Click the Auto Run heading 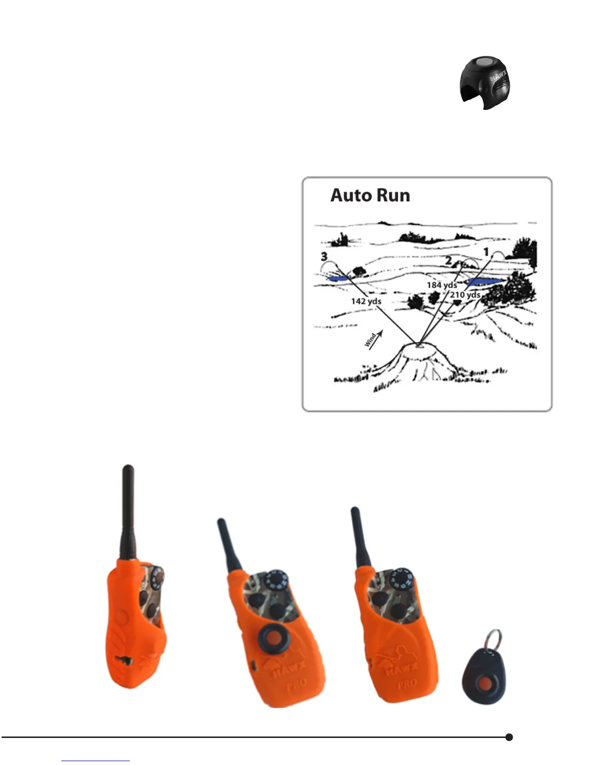370,195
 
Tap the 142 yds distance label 366,301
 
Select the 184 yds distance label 441,285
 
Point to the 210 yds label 465,295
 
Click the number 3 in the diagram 324,257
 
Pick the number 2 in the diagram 448,261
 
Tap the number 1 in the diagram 486,252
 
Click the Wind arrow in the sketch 374,339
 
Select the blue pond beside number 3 338,279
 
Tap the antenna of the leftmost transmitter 128,512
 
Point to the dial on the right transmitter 400,579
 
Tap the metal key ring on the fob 493,640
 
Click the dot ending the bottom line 508,737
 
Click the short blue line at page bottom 96,761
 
